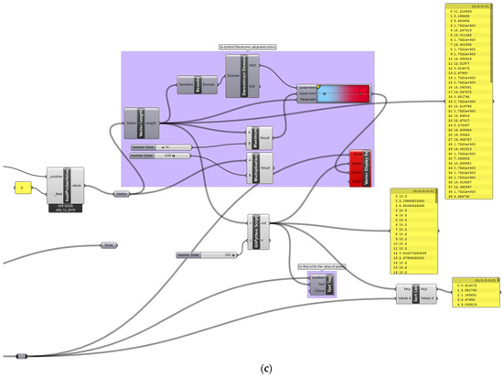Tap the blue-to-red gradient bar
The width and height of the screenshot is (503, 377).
pos(339,92)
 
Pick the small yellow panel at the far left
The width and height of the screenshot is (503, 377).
pos(23,188)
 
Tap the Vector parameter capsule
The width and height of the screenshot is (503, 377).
pos(122,193)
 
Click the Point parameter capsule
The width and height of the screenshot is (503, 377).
pos(109,246)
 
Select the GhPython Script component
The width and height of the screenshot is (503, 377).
pos(255,229)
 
